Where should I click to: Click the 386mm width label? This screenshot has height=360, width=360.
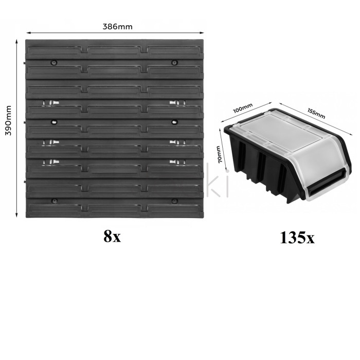coord(117,27)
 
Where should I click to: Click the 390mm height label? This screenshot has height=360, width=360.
coord(9,120)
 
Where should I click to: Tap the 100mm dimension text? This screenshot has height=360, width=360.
coord(243,108)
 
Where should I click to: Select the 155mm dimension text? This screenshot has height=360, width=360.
coord(316,113)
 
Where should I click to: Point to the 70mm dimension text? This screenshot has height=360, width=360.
coord(219,154)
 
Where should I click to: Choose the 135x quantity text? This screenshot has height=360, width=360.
coord(297,238)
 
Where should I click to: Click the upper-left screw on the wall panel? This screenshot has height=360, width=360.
coord(54,62)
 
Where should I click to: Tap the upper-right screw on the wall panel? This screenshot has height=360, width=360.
coord(175,62)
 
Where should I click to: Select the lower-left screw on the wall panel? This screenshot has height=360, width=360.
coord(54,201)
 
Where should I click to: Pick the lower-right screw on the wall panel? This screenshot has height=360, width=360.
coord(174,201)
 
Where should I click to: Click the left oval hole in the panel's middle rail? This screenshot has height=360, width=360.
coord(54,122)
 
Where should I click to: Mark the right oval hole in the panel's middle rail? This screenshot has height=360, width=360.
coord(175,122)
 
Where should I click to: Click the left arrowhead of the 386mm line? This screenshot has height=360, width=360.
coord(28,33)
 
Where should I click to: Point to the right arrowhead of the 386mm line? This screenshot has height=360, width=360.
coord(202,33)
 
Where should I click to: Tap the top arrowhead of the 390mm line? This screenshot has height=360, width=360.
coord(16,42)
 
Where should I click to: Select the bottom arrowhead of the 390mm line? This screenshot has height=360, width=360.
coord(16,214)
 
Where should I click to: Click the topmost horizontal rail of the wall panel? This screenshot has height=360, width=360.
coord(115,49)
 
